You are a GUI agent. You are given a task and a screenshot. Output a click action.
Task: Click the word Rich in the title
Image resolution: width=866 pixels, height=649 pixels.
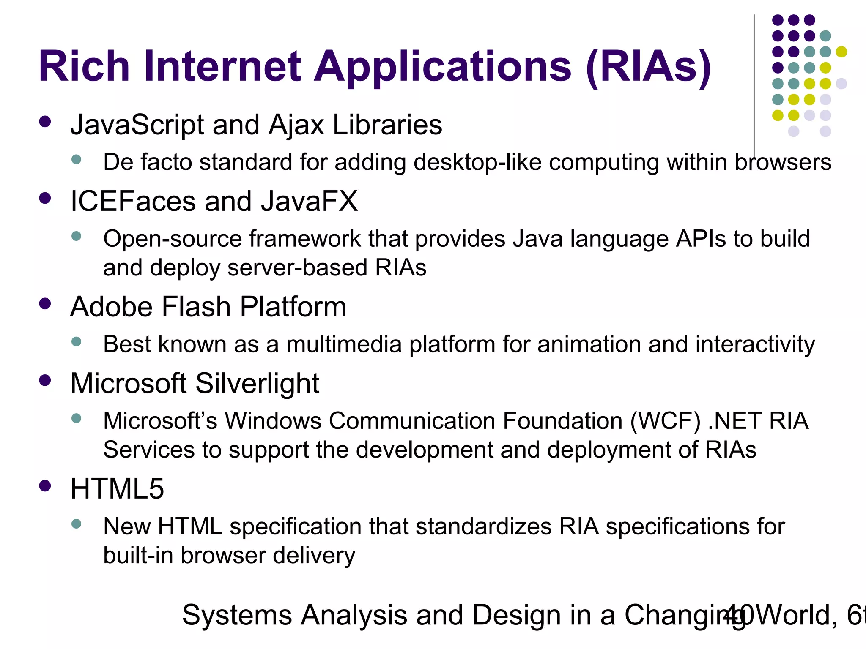point(84,66)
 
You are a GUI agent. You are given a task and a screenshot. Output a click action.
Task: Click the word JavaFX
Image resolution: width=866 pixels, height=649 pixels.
point(309,201)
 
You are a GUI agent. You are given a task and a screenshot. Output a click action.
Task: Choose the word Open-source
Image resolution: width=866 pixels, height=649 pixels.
point(172,239)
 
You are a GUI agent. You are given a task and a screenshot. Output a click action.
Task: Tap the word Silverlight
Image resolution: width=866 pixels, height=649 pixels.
point(257,384)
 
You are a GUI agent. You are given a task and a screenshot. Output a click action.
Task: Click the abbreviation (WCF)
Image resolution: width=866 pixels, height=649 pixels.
point(665,421)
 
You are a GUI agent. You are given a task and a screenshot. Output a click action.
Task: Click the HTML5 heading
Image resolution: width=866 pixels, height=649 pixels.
point(117,489)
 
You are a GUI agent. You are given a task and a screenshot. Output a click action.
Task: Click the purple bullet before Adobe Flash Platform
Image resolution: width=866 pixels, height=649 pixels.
point(45,304)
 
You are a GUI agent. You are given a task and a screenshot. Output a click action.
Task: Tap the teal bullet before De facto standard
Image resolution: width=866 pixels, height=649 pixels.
point(77,160)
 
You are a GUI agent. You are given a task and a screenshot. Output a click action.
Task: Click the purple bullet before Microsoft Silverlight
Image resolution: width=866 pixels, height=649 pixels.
point(45,380)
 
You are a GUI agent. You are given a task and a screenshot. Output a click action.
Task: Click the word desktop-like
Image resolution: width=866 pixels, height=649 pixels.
point(477,163)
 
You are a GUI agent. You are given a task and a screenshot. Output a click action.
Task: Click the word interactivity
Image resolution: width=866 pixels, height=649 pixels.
point(755,344)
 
